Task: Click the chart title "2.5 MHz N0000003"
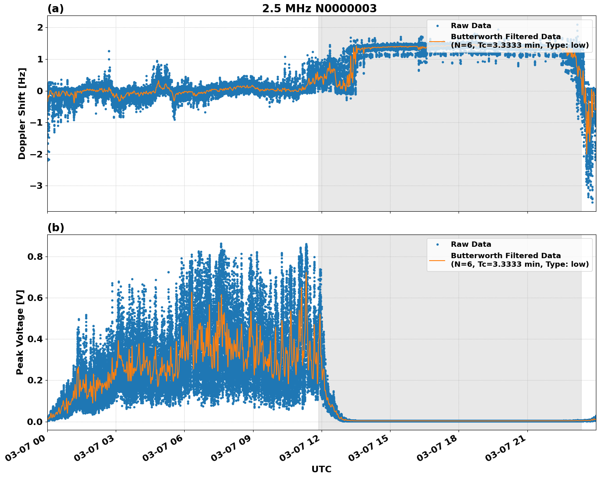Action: (x=319, y=9)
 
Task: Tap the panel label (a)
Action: (x=55, y=9)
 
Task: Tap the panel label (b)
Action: (x=55, y=228)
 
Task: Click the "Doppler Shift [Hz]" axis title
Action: (x=22, y=113)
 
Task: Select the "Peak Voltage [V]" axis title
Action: (x=20, y=332)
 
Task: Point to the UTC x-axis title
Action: (x=321, y=469)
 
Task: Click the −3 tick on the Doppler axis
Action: (x=37, y=186)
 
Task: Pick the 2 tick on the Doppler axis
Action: (x=40, y=27)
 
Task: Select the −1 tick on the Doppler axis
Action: (x=37, y=122)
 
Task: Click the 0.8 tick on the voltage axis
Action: (x=35, y=257)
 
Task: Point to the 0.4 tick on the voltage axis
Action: (x=35, y=339)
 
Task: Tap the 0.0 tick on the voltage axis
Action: (x=35, y=421)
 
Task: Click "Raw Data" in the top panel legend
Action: (x=471, y=26)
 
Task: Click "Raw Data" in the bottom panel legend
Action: (x=471, y=244)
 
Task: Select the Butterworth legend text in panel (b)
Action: (x=519, y=260)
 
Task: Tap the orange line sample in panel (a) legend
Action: (x=437, y=41)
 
